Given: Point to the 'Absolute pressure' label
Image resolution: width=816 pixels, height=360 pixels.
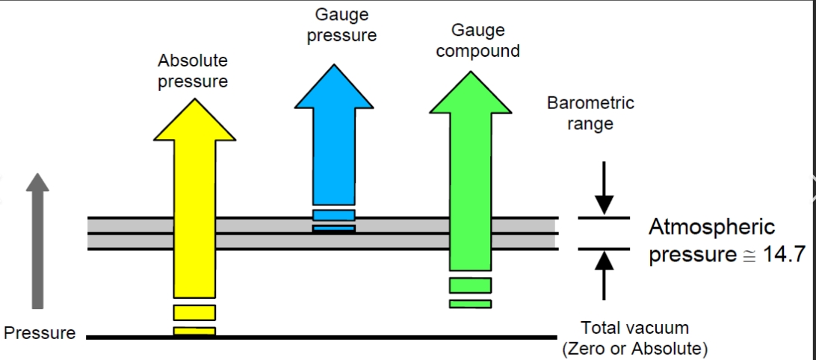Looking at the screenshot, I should (x=193, y=71).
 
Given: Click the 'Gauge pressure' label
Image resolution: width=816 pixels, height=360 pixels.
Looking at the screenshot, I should (x=341, y=25).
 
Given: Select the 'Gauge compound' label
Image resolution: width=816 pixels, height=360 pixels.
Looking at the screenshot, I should (x=477, y=41).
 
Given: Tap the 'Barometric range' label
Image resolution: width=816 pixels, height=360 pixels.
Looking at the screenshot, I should (x=590, y=113).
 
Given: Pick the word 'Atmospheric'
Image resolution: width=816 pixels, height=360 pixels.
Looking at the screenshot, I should (x=711, y=227).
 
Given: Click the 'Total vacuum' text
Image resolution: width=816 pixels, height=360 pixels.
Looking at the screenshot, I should (x=634, y=328).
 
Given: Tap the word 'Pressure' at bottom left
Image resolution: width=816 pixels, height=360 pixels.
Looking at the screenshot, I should (x=40, y=333).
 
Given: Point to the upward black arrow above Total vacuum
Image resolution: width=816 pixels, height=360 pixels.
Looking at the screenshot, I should (x=605, y=273).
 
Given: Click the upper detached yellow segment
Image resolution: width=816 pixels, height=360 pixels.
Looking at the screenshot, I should (x=194, y=312).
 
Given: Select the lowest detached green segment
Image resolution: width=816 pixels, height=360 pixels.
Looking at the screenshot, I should (x=470, y=303).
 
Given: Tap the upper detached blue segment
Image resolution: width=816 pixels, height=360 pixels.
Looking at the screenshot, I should (x=334, y=215).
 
